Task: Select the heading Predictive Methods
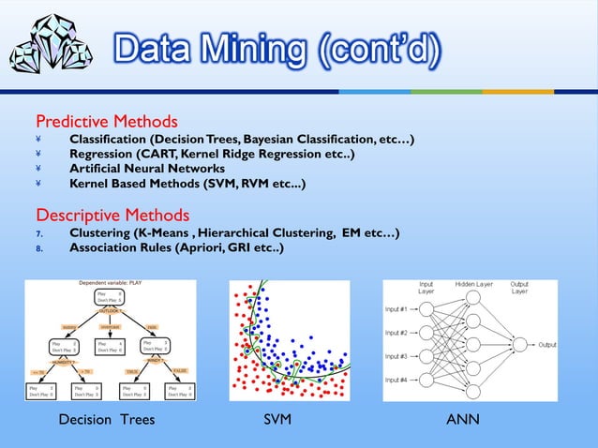106,122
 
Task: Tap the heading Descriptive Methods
112,215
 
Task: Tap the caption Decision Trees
106,420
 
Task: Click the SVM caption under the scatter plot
277,420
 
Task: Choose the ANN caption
463,420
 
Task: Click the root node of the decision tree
111,297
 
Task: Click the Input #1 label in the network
396,308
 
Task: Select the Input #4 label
396,380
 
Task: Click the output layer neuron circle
519,345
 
